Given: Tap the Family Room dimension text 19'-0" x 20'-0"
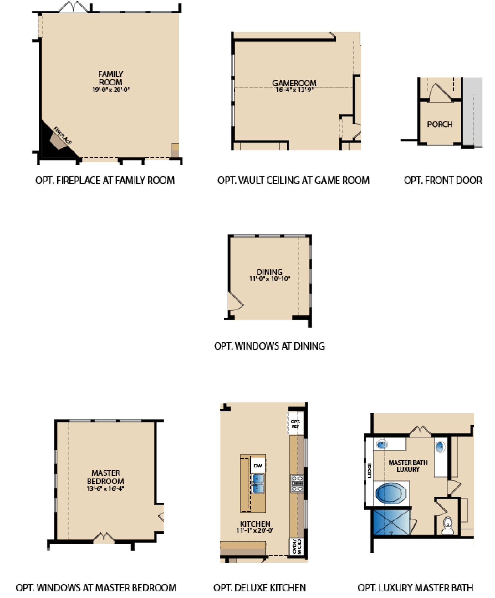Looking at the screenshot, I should coord(111,90).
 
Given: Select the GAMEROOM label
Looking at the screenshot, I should coord(294,83).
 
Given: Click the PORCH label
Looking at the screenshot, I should coord(440,124).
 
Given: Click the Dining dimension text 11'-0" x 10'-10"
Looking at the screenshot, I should coord(270,279).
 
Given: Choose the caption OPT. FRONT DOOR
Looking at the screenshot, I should coord(443,181).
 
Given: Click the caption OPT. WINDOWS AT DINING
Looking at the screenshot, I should coord(269,346).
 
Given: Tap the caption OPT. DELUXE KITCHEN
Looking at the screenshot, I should coord(259,587).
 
